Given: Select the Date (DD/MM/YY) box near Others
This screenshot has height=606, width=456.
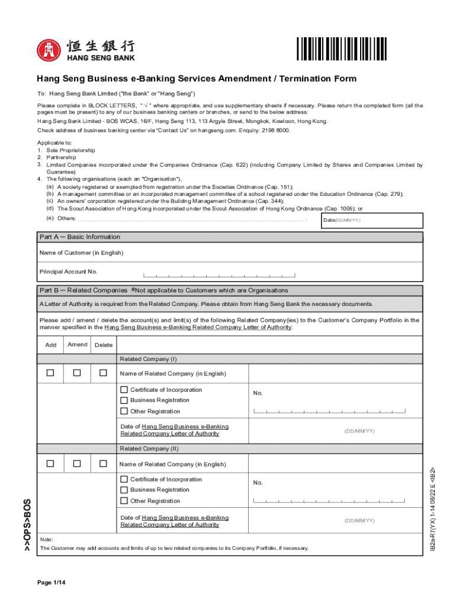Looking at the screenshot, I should [x=372, y=220].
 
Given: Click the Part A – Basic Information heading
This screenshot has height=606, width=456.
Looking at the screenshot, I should [x=80, y=237].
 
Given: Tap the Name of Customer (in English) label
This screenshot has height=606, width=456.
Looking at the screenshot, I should [x=81, y=253].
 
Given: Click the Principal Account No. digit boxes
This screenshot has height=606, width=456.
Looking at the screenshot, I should [x=219, y=275].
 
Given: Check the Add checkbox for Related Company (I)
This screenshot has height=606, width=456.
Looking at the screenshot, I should [x=51, y=373].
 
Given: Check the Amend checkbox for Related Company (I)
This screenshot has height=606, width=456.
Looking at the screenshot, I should [x=77, y=373].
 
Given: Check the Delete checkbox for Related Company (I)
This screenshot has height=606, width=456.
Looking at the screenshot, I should [x=103, y=373].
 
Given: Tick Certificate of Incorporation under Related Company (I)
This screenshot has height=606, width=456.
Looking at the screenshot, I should [x=124, y=390].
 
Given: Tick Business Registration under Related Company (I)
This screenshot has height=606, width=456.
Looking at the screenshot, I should [x=124, y=401].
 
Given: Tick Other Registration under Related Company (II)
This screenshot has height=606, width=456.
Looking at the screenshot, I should [x=124, y=501].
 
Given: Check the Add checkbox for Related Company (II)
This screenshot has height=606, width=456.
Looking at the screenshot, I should [x=51, y=463].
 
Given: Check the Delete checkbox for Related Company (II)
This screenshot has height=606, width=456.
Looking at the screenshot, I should [x=103, y=463].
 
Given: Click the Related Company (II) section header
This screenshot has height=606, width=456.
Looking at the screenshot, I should [x=149, y=449].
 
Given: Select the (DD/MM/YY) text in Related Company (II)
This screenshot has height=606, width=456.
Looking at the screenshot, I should [x=359, y=521].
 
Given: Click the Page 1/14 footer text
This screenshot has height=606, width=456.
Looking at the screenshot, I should [x=51, y=583].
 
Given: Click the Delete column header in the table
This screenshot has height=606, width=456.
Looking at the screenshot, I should [x=104, y=345].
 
